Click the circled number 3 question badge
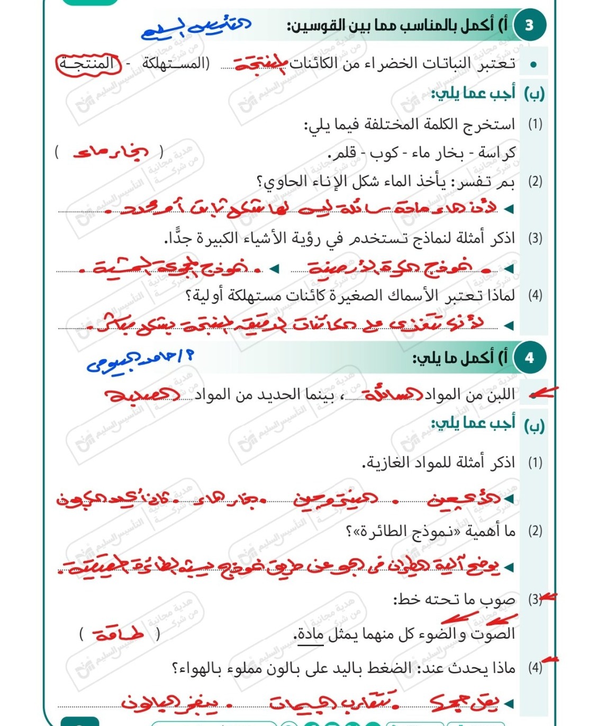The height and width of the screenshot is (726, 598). (529, 25)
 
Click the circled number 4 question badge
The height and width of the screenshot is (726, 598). (529, 358)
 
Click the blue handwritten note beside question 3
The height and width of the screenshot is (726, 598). (196, 28)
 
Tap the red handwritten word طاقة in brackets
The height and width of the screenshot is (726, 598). (119, 633)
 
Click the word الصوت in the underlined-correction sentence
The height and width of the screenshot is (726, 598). (495, 633)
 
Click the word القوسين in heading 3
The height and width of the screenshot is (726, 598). (312, 25)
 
